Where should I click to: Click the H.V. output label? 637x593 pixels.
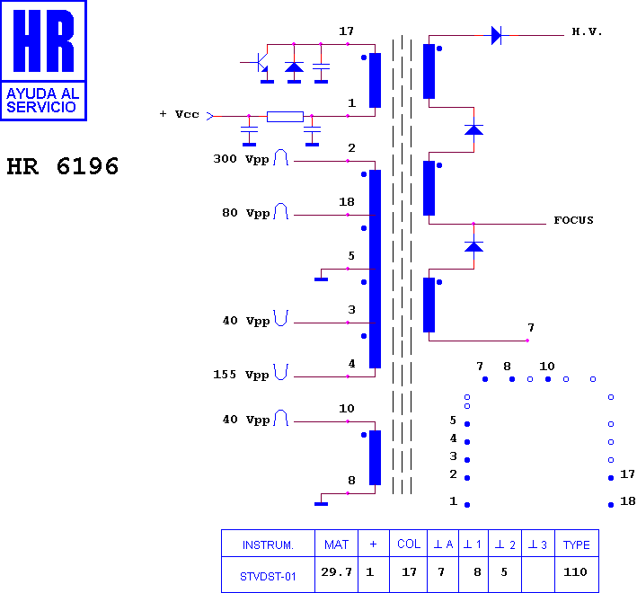tap(587, 31)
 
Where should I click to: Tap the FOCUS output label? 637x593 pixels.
tap(573, 220)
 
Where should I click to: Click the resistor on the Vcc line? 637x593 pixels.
tap(285, 117)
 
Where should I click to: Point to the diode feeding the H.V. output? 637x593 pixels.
tap(496, 36)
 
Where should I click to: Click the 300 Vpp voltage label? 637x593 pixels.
tap(241, 159)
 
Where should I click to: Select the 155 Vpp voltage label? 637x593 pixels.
tap(241, 375)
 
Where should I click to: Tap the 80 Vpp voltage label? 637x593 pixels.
tap(246, 213)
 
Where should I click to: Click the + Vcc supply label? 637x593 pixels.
tap(179, 114)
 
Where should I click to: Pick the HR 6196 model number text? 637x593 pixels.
tap(63, 166)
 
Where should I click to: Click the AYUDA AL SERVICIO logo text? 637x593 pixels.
tap(42, 101)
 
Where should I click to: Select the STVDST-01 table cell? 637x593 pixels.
tap(268, 577)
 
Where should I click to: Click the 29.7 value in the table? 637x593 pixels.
tap(336, 572)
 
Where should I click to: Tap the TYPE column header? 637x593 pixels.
tap(576, 544)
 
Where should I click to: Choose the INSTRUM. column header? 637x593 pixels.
tap(268, 544)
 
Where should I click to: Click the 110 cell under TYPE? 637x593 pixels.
tap(575, 572)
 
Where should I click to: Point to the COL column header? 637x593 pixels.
tap(409, 544)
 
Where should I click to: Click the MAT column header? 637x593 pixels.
tap(336, 544)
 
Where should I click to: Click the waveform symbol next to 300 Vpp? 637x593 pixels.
tap(280, 157)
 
